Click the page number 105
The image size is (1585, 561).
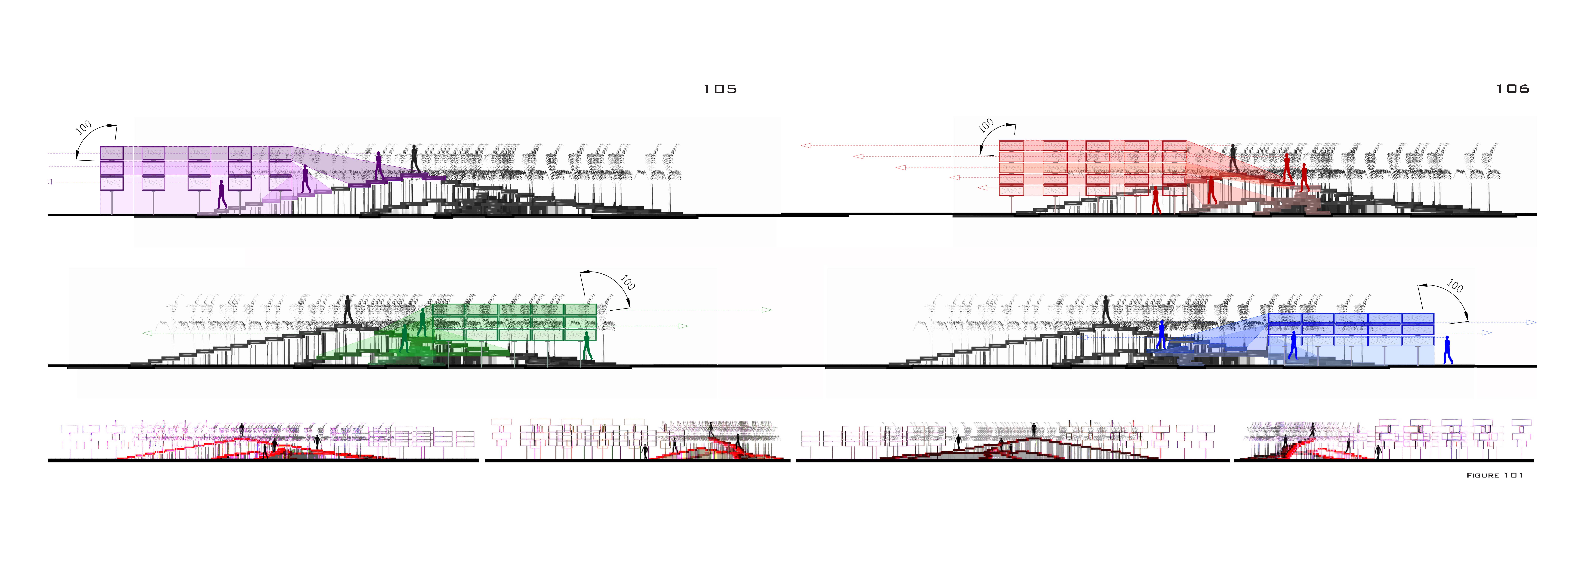720,89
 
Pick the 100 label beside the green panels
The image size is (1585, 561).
627,283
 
